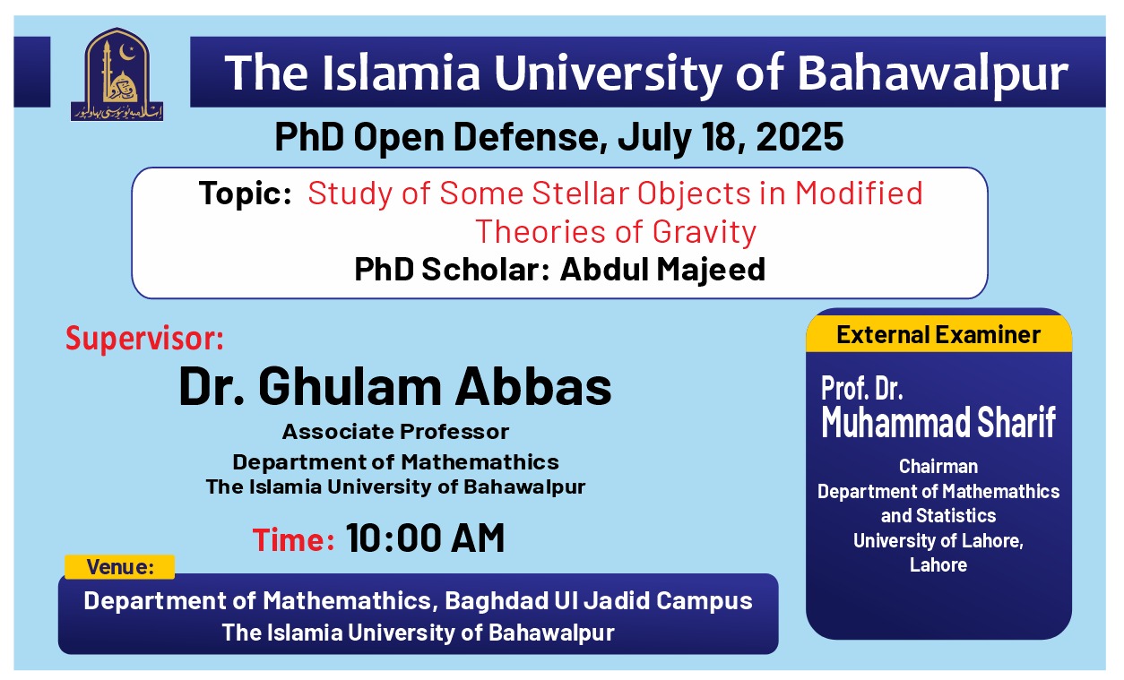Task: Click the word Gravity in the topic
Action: click(705, 232)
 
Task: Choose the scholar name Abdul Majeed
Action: click(662, 269)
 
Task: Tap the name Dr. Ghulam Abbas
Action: click(395, 387)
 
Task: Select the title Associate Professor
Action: click(395, 432)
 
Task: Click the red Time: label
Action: click(293, 540)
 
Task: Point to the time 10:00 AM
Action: click(425, 538)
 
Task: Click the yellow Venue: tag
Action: click(120, 567)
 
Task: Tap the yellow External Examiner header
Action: click(938, 335)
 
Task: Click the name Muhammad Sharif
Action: click(938, 422)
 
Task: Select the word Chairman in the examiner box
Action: click(938, 467)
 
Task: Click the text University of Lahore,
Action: click(938, 540)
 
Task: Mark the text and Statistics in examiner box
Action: click(938, 516)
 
